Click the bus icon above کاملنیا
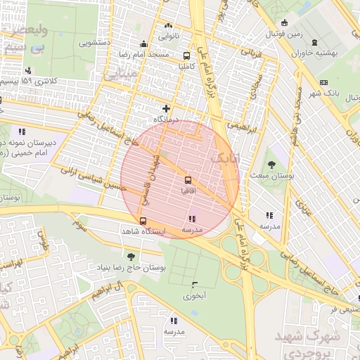(x=187, y=56)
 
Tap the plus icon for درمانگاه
(x=166, y=108)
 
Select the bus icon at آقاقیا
(x=187, y=179)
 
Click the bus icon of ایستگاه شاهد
(x=143, y=221)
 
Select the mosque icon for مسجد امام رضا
(x=144, y=44)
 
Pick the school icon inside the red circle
(x=193, y=219)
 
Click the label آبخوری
(x=197, y=296)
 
